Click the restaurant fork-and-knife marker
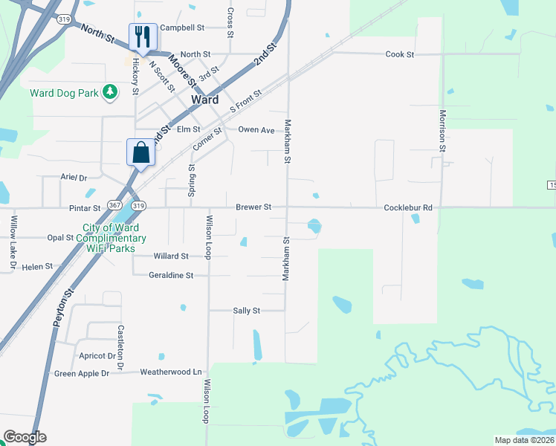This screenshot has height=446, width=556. coord(142,37)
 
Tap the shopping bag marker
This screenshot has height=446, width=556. coord(140,153)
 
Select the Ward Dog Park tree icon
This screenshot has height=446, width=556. coord(110,92)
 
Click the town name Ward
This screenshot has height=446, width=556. coord(204,100)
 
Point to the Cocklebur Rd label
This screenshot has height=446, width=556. coord(407,207)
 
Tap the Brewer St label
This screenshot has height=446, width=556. coord(253,207)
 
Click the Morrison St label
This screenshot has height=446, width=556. coord(442,131)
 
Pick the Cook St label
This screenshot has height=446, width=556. coord(399,54)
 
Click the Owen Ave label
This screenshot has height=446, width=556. coord(256,129)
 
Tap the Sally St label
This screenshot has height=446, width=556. coord(246,311)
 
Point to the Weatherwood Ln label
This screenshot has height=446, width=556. coord(171,372)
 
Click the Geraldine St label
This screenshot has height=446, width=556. coord(171,275)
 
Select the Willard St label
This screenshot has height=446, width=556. coord(170,256)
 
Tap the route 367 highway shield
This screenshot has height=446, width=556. coord(114,204)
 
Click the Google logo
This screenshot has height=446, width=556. coord(25,437)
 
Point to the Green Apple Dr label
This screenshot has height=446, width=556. coord(82,373)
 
